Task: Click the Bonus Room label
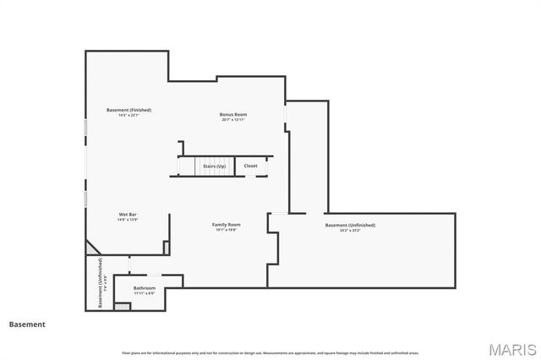(233, 114)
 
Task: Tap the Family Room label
(226, 224)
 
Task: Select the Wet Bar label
(128, 215)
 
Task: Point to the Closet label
(251, 166)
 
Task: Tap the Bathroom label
(145, 288)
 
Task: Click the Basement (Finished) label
(128, 111)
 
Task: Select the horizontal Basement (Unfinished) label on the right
(350, 225)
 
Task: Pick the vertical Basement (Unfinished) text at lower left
(100, 282)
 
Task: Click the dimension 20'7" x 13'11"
(233, 120)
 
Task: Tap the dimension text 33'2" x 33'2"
(350, 231)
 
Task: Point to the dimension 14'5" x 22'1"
(128, 117)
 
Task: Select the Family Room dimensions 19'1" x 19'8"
(226, 230)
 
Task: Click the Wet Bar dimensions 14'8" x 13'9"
(128, 221)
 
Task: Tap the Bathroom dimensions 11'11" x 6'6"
(145, 294)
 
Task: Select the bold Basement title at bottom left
(27, 324)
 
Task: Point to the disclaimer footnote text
(270, 352)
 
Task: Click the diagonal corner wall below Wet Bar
(92, 246)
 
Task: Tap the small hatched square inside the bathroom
(123, 308)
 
